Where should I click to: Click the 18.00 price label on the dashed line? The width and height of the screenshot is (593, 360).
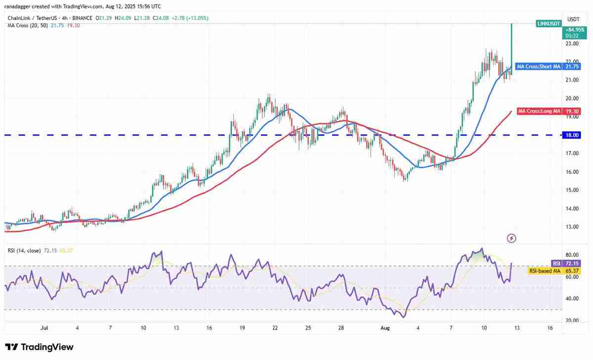(573, 135)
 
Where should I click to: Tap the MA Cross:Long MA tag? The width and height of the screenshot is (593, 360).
(539, 111)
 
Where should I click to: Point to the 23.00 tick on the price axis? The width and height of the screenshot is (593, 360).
(572, 44)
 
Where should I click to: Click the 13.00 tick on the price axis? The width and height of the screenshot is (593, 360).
(572, 227)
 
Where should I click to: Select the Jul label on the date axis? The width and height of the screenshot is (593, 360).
(44, 327)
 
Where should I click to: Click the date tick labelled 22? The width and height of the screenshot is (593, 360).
(275, 327)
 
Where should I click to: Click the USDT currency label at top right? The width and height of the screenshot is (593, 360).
(573, 19)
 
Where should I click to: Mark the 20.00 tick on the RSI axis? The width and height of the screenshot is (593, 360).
(572, 320)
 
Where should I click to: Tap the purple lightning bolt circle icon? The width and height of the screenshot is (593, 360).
(512, 238)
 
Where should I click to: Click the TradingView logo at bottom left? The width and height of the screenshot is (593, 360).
(39, 347)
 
